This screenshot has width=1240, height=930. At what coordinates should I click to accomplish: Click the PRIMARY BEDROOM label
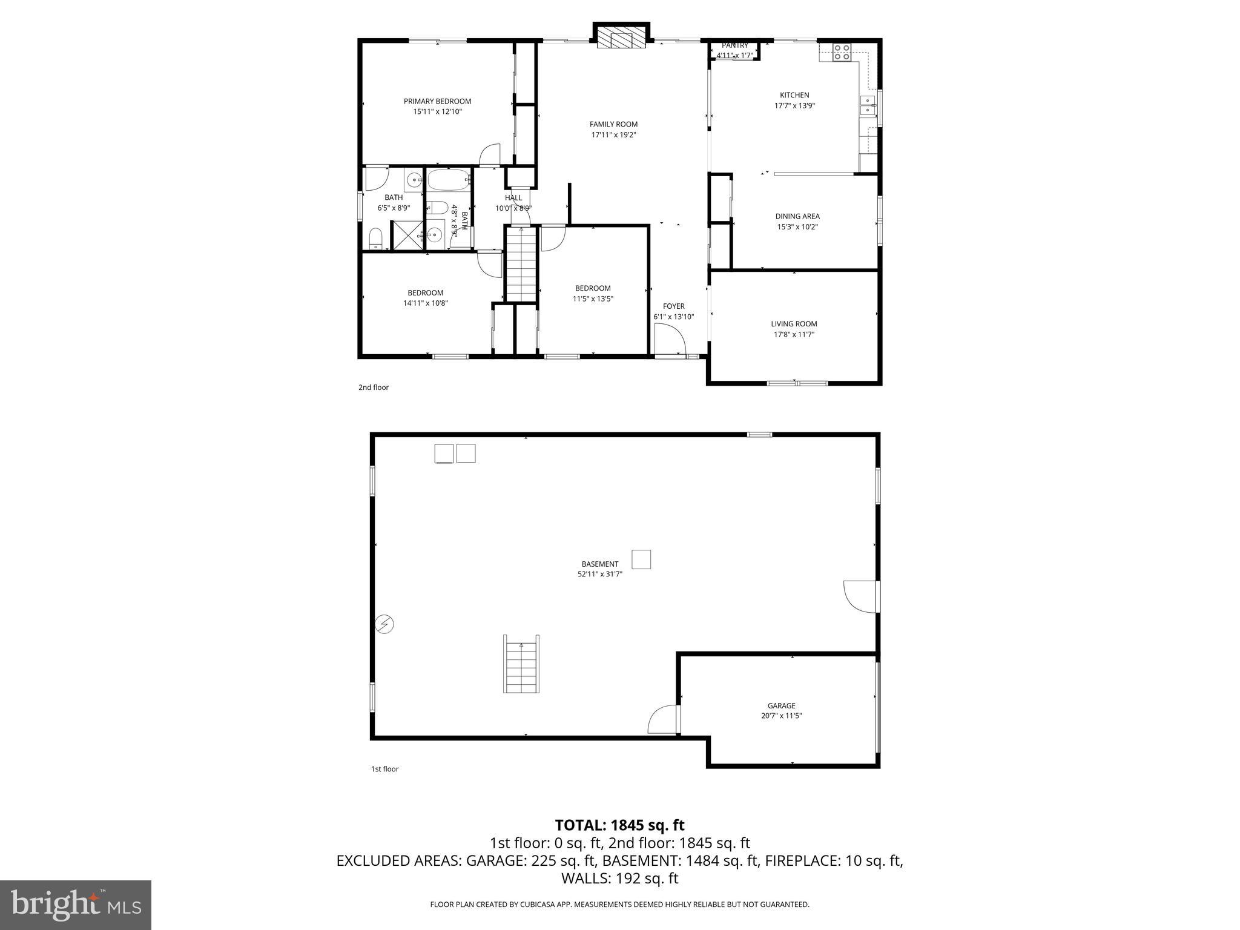[437, 101]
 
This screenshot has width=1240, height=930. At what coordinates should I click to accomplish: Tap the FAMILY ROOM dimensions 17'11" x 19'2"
[613, 135]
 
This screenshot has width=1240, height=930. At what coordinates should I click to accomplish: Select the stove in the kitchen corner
[842, 52]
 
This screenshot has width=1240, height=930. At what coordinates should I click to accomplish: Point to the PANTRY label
[734, 45]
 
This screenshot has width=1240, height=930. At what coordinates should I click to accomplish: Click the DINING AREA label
[797, 216]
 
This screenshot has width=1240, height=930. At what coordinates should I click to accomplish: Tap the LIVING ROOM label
[793, 324]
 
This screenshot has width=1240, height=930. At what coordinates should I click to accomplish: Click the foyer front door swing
[669, 339]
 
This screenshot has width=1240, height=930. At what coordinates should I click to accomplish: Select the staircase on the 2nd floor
[521, 264]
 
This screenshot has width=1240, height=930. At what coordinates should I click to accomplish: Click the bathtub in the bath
[449, 180]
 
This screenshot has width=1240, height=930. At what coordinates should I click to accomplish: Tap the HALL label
[513, 197]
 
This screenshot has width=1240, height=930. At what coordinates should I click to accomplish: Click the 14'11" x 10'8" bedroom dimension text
[425, 303]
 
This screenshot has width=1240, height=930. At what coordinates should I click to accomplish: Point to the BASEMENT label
[599, 564]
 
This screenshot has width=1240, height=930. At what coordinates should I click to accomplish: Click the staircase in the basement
[521, 664]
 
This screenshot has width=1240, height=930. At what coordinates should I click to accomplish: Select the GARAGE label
[781, 705]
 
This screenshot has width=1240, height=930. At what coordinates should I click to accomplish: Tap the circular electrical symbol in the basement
[384, 624]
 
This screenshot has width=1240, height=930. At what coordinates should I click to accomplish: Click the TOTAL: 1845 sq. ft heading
[619, 825]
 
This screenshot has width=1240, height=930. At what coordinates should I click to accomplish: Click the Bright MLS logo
[76, 905]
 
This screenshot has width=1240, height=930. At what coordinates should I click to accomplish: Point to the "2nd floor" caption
[373, 387]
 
